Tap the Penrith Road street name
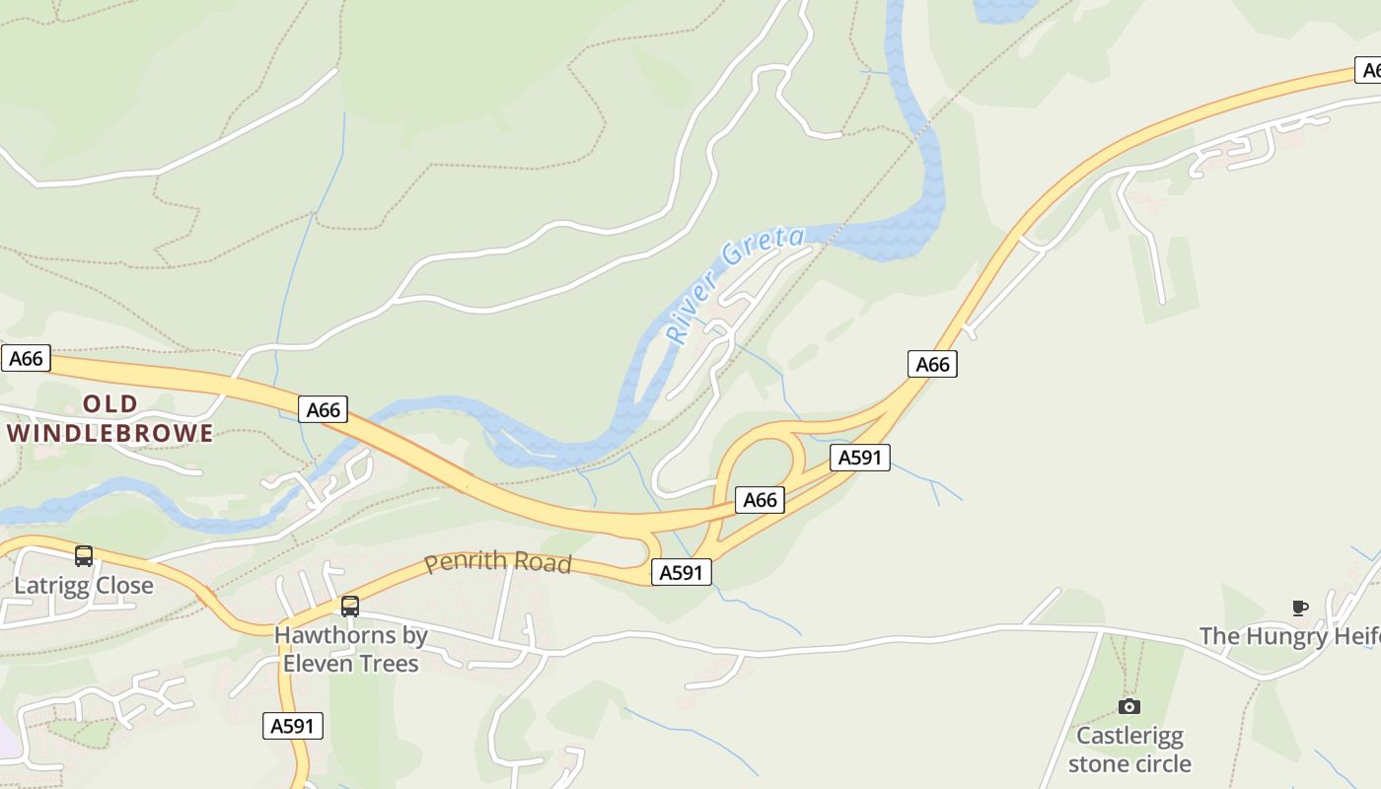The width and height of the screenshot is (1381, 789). pos(498,562)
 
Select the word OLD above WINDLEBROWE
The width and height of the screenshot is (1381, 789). pos(110,403)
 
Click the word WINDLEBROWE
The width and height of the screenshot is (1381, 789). pos(110,433)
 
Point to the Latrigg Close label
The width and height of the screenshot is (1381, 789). pos(84,586)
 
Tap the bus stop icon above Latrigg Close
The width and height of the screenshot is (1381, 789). pos(84,556)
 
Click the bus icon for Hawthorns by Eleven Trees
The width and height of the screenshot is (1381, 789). pos(350,607)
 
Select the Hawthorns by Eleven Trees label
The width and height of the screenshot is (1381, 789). pos(351,649)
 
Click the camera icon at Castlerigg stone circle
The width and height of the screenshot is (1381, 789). pos(1129,706)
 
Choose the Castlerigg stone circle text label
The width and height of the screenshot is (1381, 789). pos(1129,750)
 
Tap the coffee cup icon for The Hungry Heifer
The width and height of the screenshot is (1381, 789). pos(1300,608)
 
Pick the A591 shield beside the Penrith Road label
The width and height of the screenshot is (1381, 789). pos(681,572)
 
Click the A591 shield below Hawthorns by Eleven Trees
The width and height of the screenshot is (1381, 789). pos(294,727)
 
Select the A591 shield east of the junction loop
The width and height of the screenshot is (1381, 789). pos(860,458)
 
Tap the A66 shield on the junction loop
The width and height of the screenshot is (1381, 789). pos(760,500)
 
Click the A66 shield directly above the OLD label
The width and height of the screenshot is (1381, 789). pos(323,409)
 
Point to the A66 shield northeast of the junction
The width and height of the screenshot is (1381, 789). pos(932,365)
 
